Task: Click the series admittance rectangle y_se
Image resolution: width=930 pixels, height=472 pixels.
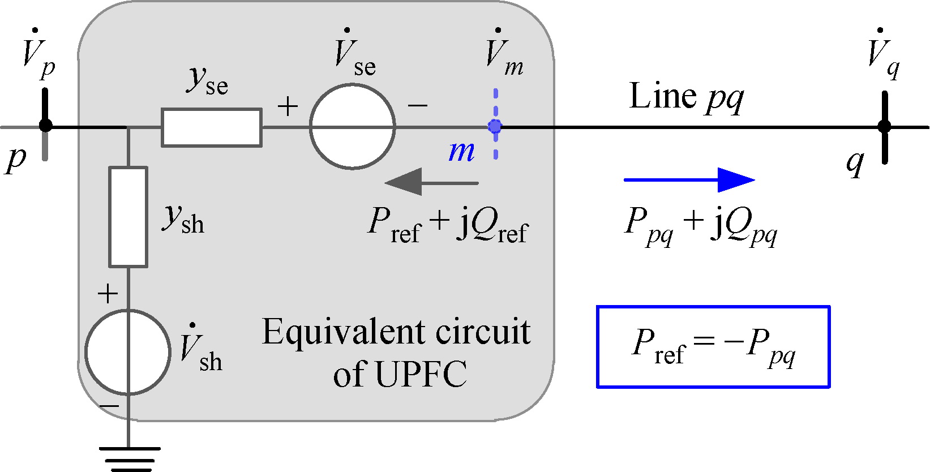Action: (x=212, y=127)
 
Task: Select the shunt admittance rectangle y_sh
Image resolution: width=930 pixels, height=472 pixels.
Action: (x=128, y=217)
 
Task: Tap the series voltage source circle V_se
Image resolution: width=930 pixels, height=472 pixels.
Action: (x=352, y=126)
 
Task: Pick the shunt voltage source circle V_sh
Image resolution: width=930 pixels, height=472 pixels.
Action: (x=128, y=351)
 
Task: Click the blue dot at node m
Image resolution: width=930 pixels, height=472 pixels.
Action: (x=495, y=126)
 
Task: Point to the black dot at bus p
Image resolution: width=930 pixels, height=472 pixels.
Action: (x=45, y=125)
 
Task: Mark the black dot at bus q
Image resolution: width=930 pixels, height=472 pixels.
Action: (x=884, y=126)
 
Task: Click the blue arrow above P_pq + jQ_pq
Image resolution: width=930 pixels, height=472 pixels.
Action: (x=689, y=180)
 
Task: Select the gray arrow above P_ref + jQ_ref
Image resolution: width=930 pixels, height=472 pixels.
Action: (x=431, y=182)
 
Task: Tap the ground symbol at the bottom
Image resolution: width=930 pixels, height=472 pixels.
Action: (x=129, y=458)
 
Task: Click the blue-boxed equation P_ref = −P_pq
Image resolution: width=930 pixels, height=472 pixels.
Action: (x=713, y=346)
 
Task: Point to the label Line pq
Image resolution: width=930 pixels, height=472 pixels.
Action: (x=685, y=97)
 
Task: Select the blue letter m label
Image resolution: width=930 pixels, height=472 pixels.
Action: (x=461, y=151)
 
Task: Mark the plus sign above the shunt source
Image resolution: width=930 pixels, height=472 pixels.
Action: (x=108, y=294)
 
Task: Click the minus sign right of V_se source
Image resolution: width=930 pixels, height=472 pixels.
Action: (x=418, y=105)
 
